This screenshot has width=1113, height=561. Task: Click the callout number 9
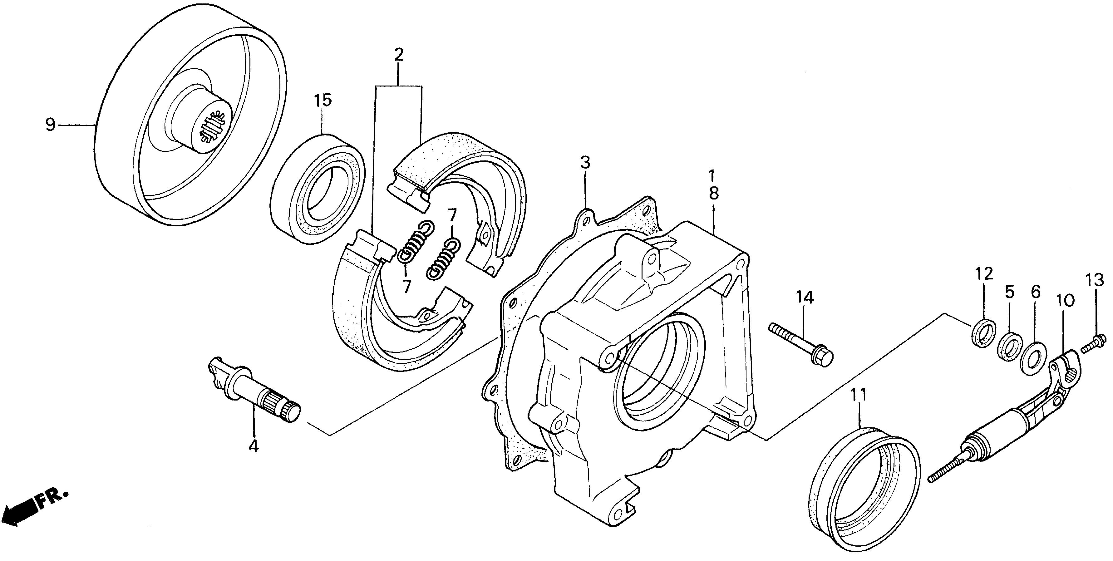(51, 125)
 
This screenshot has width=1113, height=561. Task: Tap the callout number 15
(323, 101)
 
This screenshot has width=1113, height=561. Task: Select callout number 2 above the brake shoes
(398, 55)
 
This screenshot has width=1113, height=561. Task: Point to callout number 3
(585, 163)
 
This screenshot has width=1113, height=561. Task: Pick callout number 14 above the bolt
(805, 298)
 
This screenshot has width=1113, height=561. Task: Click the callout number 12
(984, 274)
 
